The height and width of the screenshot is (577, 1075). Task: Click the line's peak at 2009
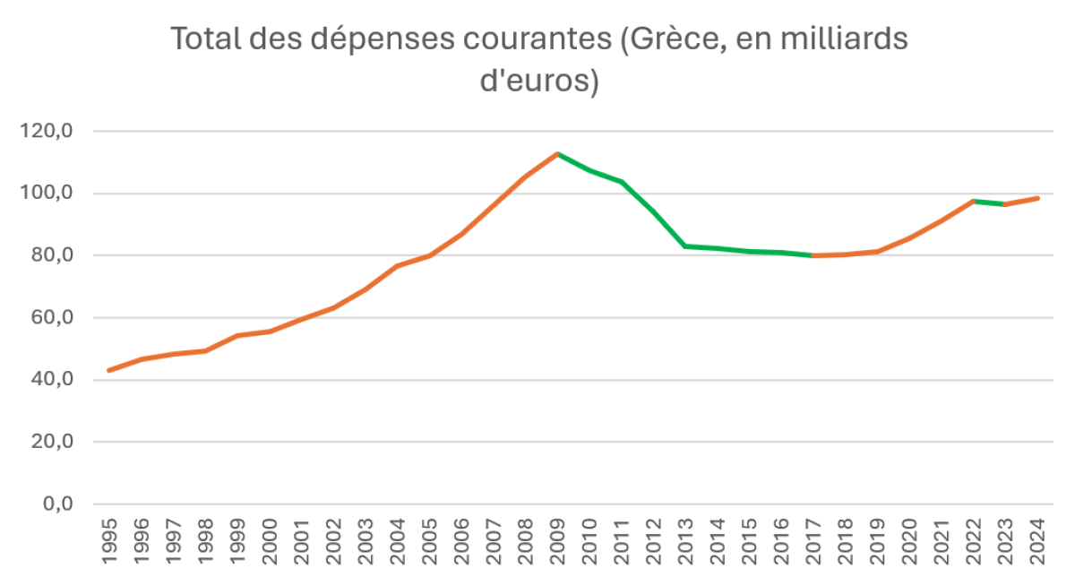(557, 154)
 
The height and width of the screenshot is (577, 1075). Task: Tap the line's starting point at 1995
(109, 370)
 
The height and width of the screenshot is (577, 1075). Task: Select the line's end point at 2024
(1037, 198)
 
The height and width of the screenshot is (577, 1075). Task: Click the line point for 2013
(685, 245)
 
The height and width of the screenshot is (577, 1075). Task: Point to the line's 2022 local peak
(974, 201)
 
